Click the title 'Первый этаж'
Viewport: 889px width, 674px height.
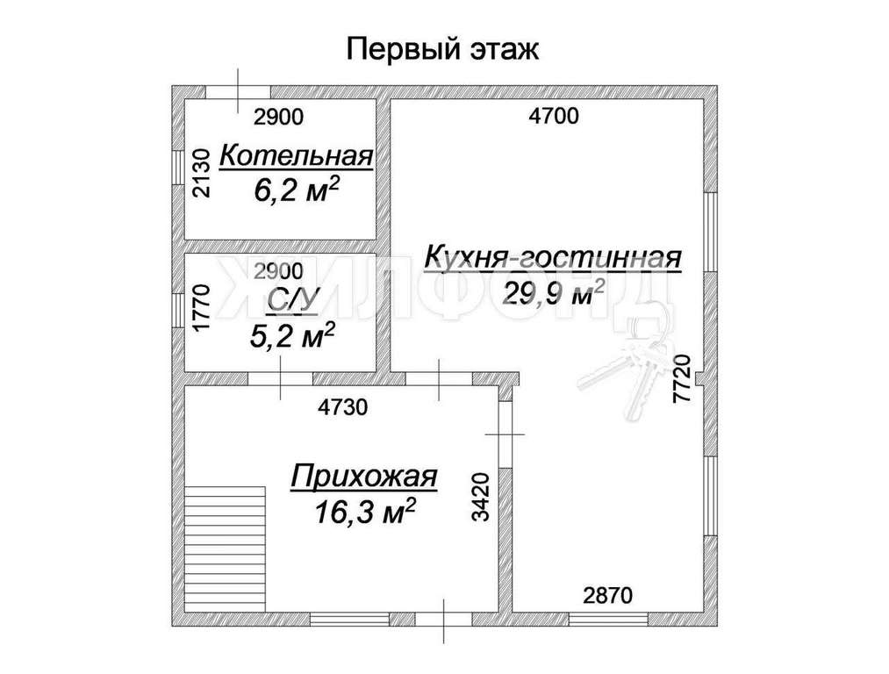coord(442,49)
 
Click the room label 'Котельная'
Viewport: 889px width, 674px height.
coord(297,156)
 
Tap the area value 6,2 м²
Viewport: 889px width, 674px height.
coord(296,190)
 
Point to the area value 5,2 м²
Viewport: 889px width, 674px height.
coord(291,335)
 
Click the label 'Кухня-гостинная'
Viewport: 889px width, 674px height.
coord(553,257)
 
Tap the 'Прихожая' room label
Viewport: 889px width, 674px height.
coord(364,477)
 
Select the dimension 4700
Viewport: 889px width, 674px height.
coord(554,116)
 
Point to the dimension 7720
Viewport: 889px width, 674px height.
coord(683,378)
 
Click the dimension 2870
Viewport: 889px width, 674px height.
coord(608,596)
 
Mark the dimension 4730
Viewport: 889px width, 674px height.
coord(343,407)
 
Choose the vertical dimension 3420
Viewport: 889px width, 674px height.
coord(480,497)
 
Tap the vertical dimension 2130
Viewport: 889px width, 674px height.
coord(202,173)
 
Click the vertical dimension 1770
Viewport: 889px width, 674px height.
coord(202,309)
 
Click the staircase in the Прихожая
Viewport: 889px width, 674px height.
coord(226,549)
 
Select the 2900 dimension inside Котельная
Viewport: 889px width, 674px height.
coord(279,118)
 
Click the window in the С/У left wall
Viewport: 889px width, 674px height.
coord(179,310)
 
